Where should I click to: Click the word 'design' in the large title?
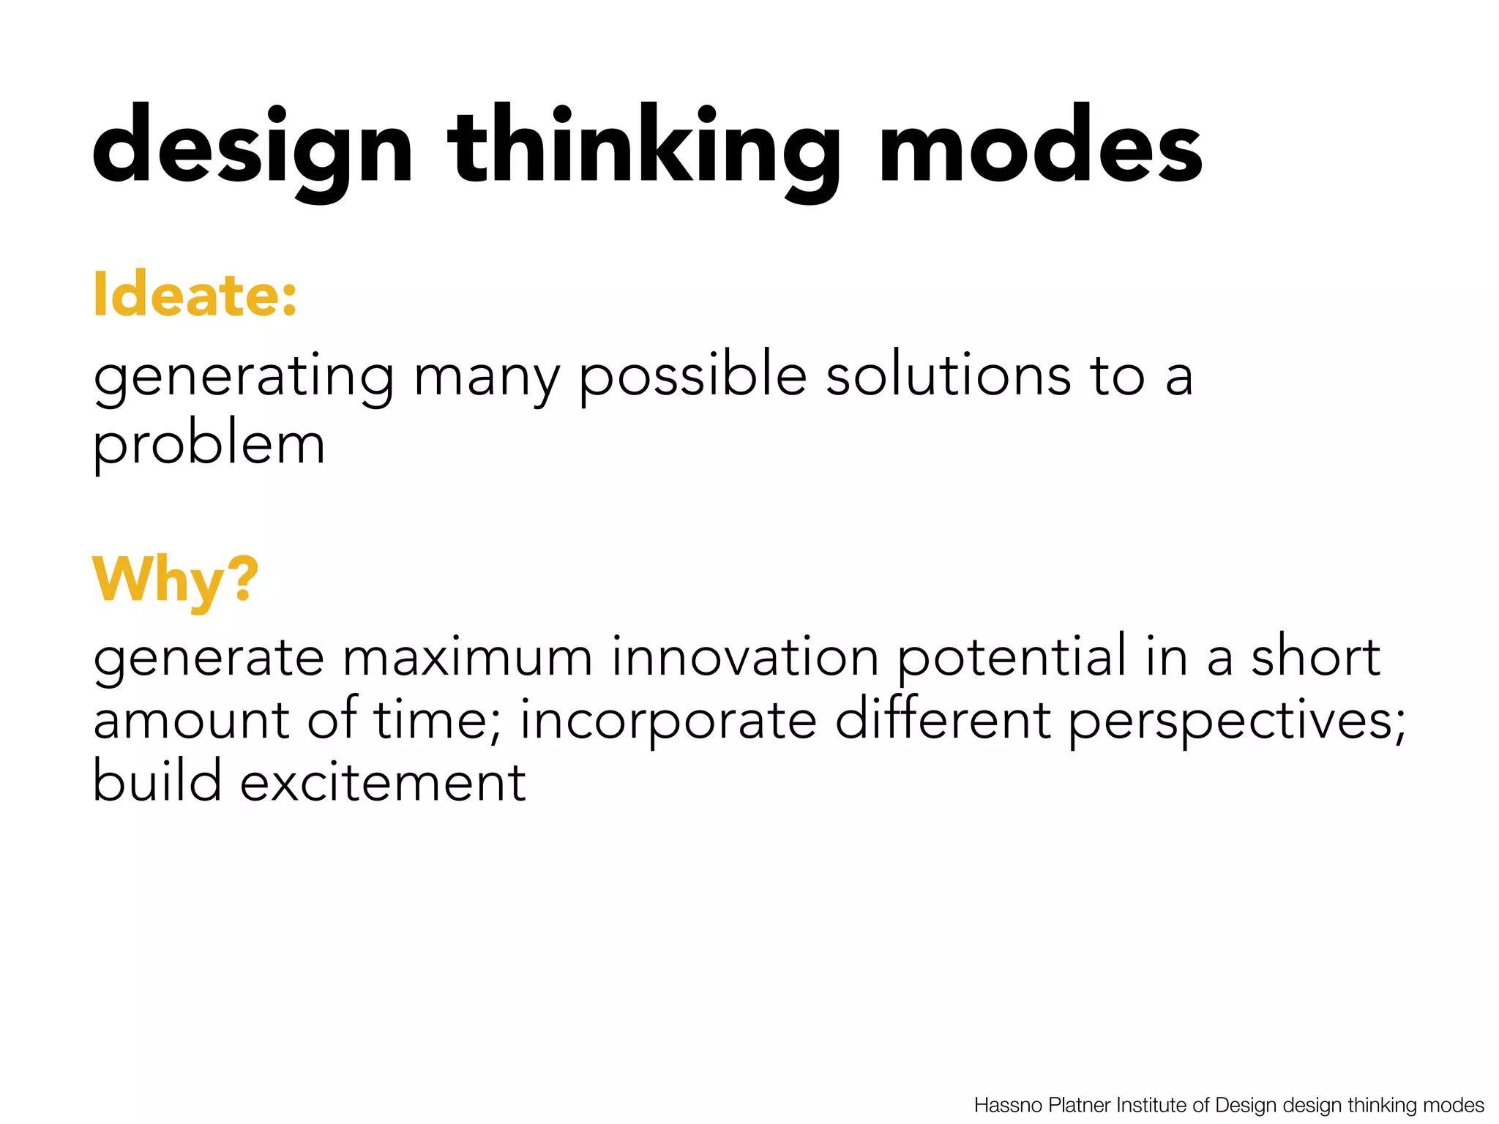[253, 146]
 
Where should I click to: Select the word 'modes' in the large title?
[1040, 146]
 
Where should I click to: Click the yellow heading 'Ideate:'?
[195, 295]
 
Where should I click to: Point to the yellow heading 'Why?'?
[176, 580]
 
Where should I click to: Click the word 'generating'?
[244, 377]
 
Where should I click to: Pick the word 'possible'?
[692, 377]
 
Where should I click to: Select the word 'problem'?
[209, 445]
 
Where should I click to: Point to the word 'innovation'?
[744, 656]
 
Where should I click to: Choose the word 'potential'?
[1012, 658]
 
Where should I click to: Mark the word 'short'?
[1315, 656]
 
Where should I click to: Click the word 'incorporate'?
[668, 721]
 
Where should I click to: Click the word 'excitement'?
[383, 782]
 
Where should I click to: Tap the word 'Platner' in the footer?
[1080, 1105]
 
